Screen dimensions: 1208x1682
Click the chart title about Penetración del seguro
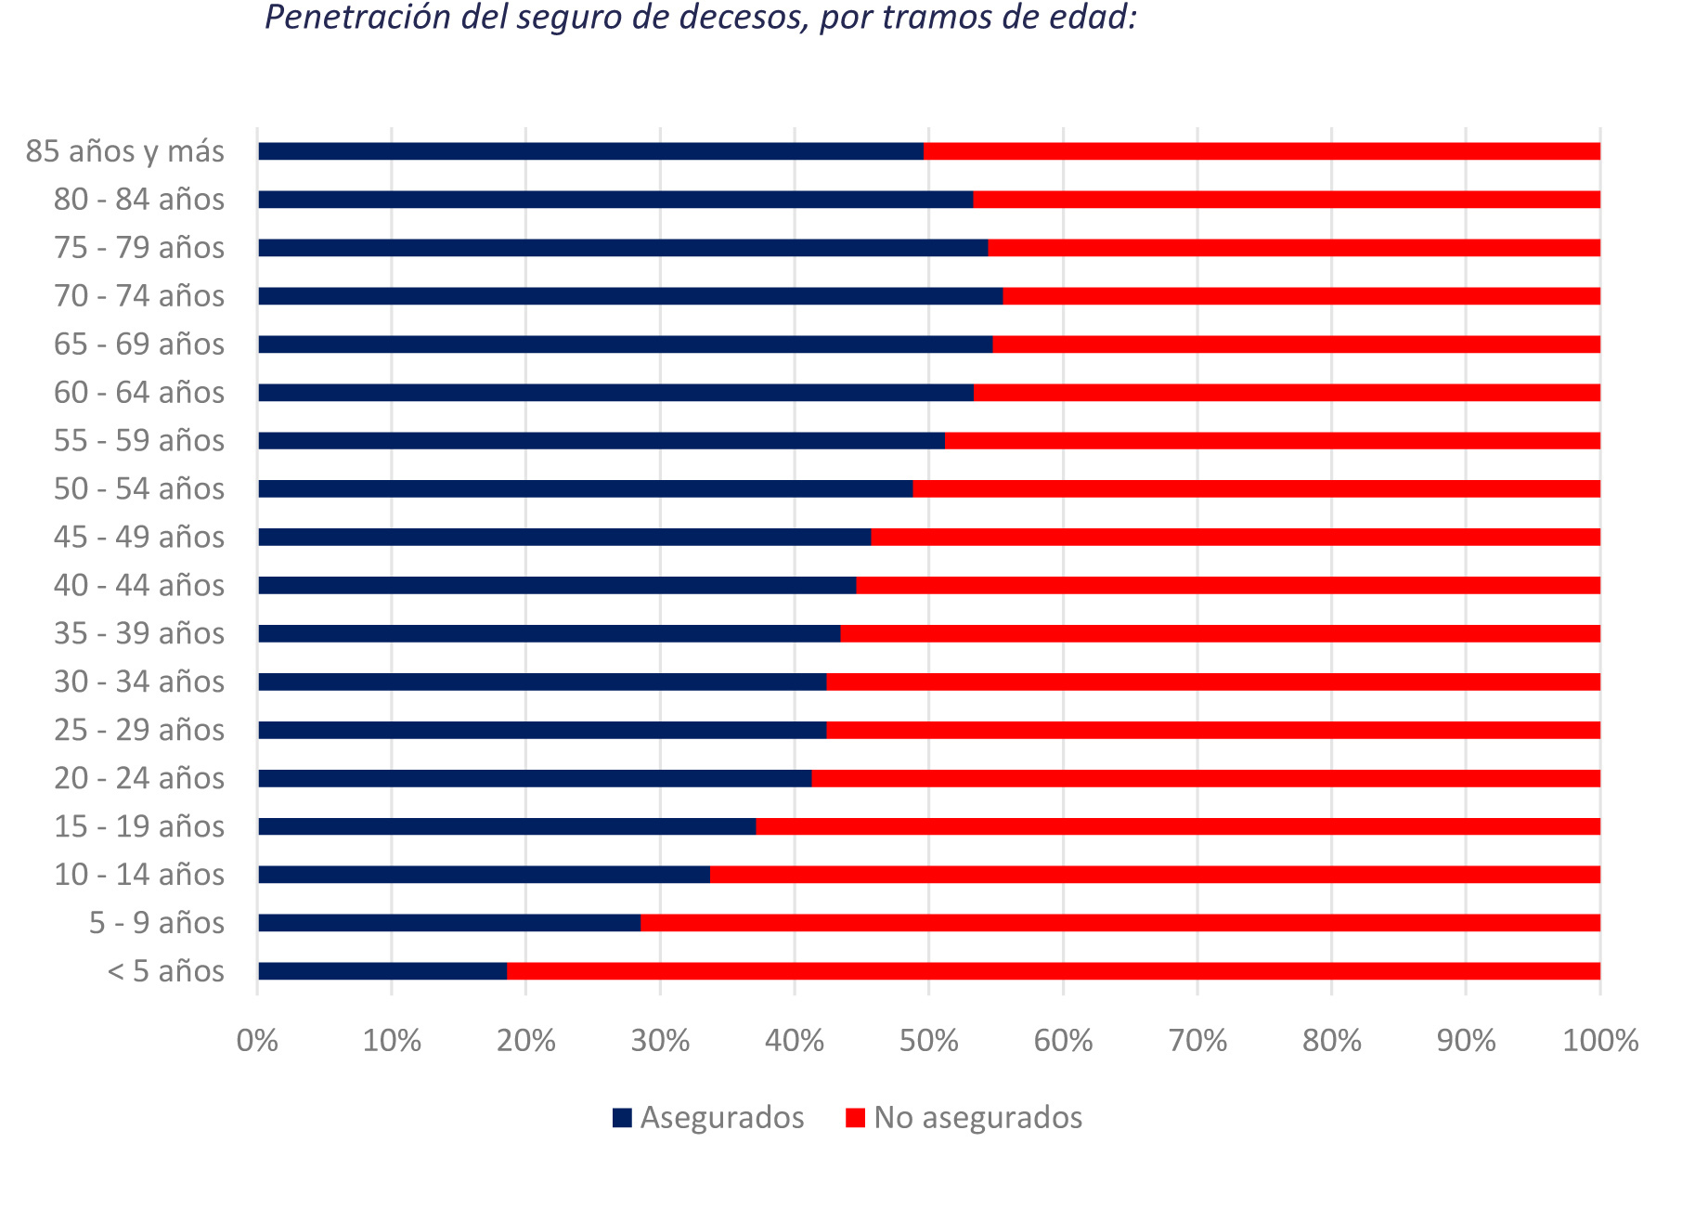(x=701, y=18)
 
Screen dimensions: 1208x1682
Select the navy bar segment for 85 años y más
(x=590, y=151)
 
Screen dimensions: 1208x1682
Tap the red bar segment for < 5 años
(x=1053, y=971)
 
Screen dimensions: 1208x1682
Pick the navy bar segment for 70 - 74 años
(x=630, y=296)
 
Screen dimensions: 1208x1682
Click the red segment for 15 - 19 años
(x=1177, y=826)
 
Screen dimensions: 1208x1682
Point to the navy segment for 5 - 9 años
(x=449, y=923)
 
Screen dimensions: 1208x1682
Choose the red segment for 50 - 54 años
(x=1256, y=488)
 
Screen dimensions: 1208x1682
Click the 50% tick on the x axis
(x=928, y=1041)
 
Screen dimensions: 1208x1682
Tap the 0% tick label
(x=258, y=1041)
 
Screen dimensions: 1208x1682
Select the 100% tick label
(x=1600, y=1041)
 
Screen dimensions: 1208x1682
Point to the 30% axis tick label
(x=660, y=1041)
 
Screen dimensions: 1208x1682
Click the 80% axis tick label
(x=1331, y=1041)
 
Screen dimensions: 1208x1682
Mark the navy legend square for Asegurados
(x=622, y=1118)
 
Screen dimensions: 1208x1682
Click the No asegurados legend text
(x=977, y=1117)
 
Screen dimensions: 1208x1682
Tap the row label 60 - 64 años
(x=139, y=393)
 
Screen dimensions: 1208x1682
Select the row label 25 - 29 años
(x=139, y=730)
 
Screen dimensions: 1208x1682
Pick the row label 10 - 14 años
(x=139, y=875)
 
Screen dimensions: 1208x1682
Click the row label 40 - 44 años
(x=139, y=585)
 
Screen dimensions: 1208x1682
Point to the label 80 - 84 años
(x=139, y=200)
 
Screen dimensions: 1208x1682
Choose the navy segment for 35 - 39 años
(x=549, y=633)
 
